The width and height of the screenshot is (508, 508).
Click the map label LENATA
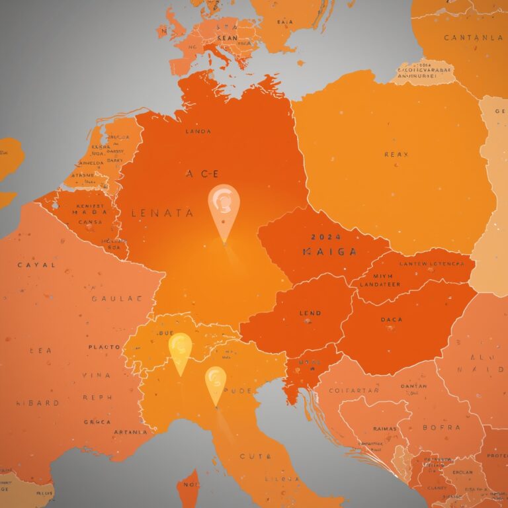(163, 213)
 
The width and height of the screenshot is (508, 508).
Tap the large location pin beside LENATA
(224, 207)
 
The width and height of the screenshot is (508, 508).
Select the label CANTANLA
(473, 38)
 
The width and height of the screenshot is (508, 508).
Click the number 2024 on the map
(325, 236)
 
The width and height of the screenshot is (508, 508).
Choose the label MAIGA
(329, 252)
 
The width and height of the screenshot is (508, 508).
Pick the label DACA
(392, 319)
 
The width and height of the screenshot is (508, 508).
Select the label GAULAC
(116, 298)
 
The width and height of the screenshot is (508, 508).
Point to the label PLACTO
(104, 347)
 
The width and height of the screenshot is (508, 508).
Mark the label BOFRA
(441, 428)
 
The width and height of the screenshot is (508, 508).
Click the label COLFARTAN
(357, 391)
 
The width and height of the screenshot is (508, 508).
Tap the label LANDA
(198, 132)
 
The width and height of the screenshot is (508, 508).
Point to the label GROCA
(97, 421)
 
